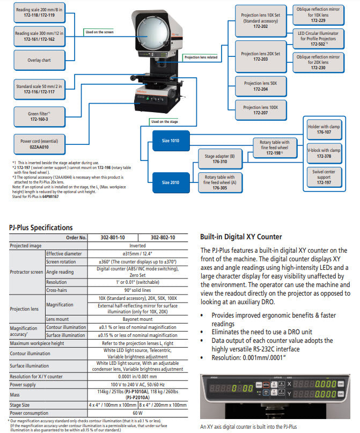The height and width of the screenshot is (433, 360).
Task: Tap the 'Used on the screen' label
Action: click(x=100, y=32)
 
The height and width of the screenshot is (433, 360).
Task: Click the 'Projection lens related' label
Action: click(x=201, y=57)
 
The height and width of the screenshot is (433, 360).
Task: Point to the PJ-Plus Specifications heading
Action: click(x=41, y=227)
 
